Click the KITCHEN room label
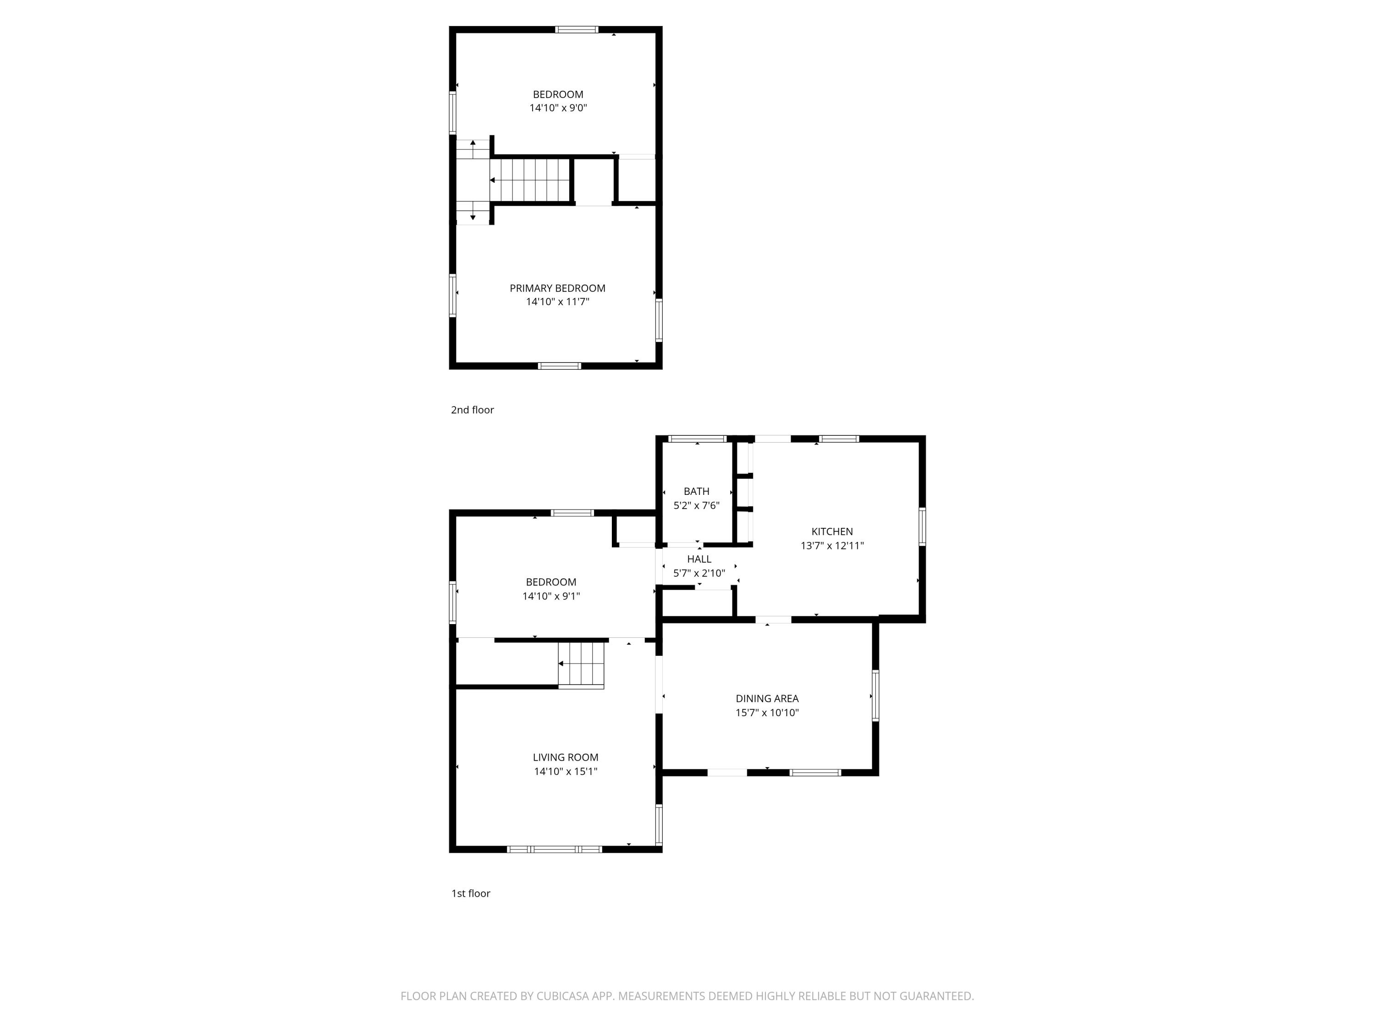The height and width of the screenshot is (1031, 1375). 832,532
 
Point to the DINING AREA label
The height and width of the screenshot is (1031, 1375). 767,698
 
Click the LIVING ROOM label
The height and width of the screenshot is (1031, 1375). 565,757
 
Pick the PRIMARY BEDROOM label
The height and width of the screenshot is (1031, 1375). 557,288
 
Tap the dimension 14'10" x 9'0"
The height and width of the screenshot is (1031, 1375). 558,108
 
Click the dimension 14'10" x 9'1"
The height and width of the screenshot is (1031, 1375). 551,596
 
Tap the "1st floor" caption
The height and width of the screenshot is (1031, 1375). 471,894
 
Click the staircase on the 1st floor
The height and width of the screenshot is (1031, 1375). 581,664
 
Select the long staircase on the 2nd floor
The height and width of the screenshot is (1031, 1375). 530,180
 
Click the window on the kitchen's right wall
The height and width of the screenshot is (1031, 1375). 922,526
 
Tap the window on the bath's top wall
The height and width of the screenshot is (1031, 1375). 697,439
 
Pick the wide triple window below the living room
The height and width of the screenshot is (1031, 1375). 555,849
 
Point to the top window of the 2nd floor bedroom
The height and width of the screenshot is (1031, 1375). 576,29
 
